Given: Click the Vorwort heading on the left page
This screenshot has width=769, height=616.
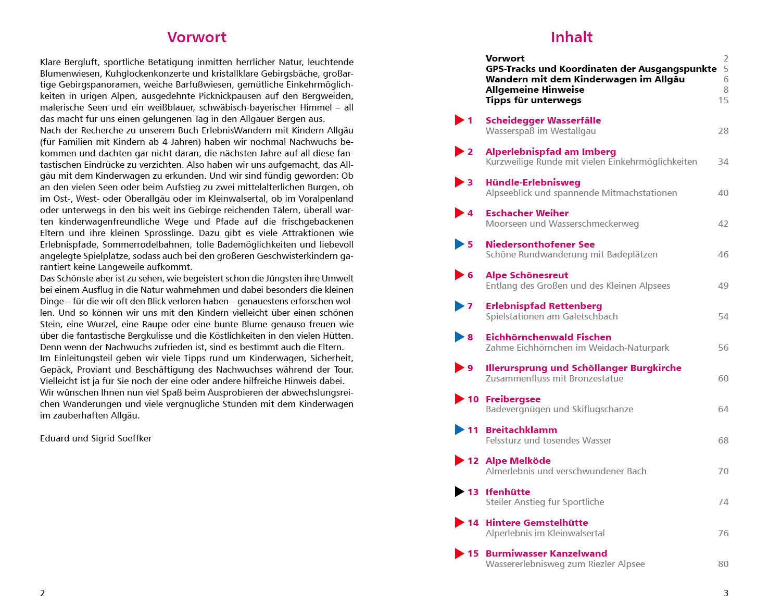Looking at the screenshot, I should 196,37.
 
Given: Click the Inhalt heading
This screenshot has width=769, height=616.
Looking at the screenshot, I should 571,37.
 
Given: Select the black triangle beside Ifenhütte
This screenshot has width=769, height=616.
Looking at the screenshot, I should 459,491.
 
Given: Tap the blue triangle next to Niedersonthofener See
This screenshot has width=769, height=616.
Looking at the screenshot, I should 459,244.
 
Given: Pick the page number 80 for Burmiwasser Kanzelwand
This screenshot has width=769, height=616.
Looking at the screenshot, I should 723,564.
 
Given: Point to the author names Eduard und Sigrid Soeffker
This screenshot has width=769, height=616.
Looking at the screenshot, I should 96,438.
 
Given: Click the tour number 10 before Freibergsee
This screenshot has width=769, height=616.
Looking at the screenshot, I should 473,399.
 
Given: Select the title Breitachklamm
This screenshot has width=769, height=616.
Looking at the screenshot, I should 521,430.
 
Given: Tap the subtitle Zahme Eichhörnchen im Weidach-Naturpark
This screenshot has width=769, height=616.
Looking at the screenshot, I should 577,348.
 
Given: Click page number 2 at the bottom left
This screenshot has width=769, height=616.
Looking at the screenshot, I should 43,593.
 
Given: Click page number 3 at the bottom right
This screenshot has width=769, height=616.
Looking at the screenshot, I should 726,593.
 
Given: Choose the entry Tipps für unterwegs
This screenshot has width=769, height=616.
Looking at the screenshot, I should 533,100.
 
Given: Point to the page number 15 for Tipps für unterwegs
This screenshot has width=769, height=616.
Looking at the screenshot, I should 723,100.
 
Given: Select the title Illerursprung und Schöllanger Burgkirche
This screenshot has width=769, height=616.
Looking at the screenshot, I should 583,368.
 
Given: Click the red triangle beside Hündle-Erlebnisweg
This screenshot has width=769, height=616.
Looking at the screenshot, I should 459,182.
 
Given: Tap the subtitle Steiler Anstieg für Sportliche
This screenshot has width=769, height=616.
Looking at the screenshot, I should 545,502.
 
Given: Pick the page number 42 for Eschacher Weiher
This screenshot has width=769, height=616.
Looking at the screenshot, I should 723,224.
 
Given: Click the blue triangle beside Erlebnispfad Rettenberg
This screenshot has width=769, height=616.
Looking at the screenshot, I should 459,306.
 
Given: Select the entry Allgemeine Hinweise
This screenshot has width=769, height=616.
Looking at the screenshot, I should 535,90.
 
